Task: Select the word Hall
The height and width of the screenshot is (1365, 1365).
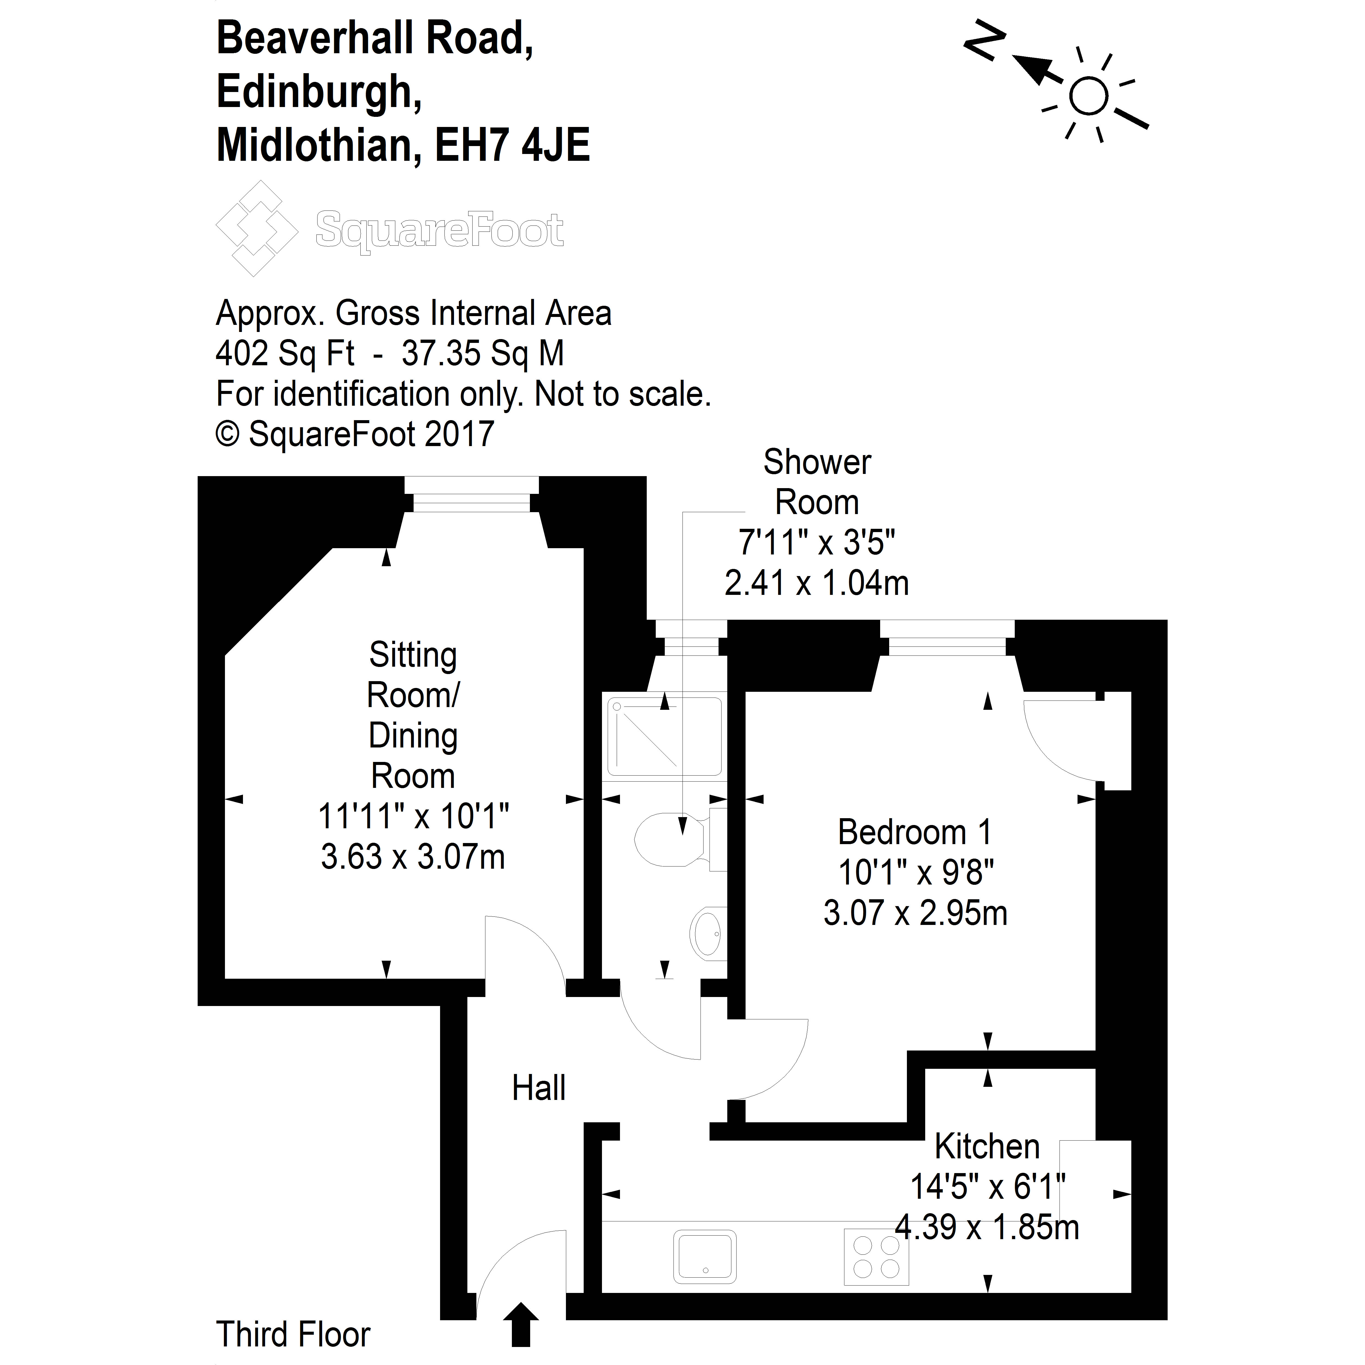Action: click(x=538, y=1088)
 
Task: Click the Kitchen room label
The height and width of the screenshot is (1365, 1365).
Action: click(x=987, y=1146)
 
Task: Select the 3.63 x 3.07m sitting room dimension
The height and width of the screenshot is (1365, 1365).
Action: click(x=413, y=857)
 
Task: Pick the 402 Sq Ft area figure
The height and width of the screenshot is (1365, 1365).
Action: click(x=285, y=353)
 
